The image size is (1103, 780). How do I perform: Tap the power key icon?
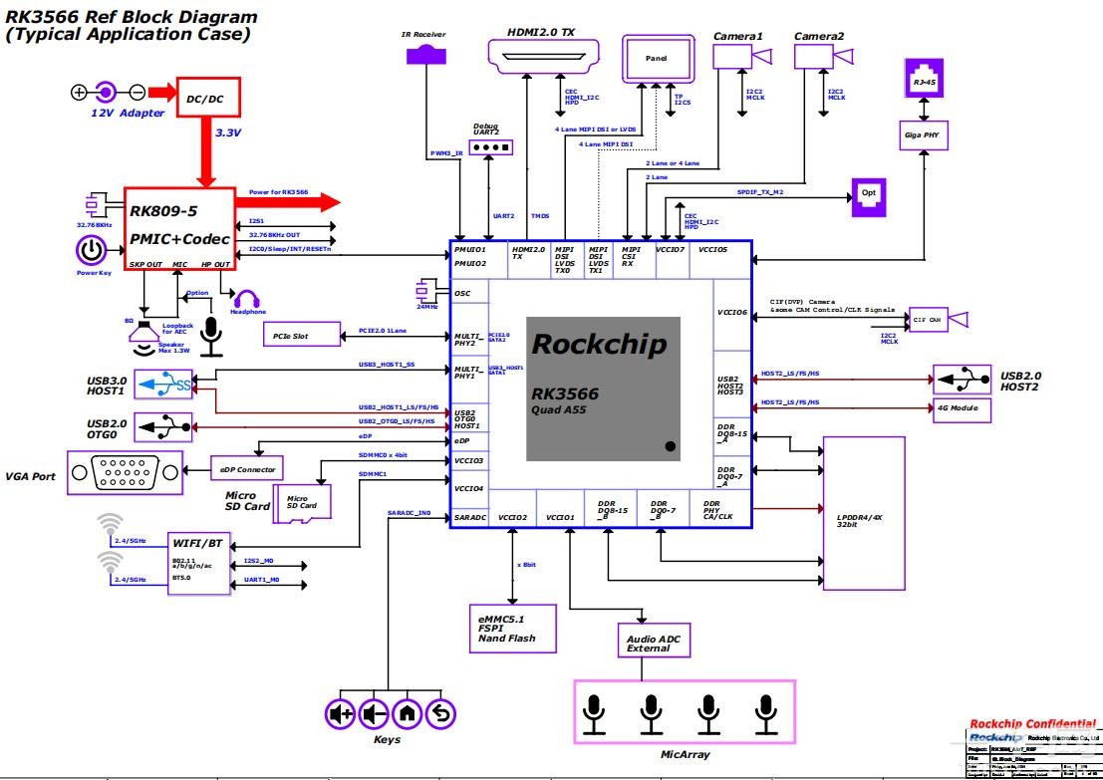[x=91, y=249]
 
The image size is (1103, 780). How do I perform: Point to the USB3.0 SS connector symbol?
[x=163, y=384]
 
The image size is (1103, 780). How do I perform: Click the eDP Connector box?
[x=247, y=468]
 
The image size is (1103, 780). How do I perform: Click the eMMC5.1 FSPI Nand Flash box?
[x=514, y=629]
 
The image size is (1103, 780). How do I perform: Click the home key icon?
[x=407, y=713]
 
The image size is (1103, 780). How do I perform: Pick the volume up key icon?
[x=341, y=713]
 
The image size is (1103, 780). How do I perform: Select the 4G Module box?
[x=958, y=407]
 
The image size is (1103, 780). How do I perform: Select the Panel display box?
[x=656, y=60]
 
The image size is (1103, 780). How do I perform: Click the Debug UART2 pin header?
[x=488, y=147]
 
